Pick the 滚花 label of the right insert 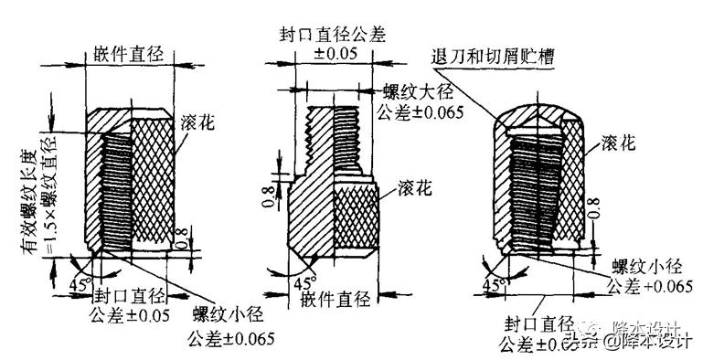[622, 142]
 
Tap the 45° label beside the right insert [495, 285]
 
